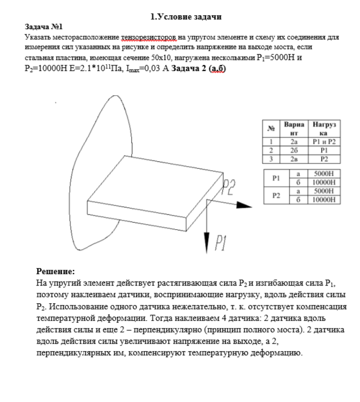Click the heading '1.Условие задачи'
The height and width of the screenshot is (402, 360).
(186, 16)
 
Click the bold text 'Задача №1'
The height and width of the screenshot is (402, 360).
(44, 27)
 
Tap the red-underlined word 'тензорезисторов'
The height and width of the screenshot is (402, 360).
(149, 38)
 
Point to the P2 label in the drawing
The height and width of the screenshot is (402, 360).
(228, 187)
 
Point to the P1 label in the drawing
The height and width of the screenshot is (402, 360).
(220, 243)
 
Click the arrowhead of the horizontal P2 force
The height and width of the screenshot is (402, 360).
(244, 205)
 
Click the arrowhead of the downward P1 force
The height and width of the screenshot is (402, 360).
(206, 243)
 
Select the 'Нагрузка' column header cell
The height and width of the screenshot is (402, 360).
(324, 129)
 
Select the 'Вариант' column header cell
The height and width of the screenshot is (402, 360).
(294, 129)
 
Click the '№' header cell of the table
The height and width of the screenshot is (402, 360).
(271, 129)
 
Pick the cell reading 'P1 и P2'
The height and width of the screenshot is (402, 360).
(324, 142)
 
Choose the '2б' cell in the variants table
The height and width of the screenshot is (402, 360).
(294, 150)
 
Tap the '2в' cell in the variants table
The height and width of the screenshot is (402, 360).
(294, 159)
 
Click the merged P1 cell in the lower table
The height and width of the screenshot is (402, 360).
(276, 178)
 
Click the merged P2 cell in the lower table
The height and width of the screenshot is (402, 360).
(276, 195)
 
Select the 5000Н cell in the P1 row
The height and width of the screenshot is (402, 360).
(324, 173)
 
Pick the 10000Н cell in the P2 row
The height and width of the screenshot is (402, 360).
(324, 199)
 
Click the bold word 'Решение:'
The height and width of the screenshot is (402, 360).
(55, 271)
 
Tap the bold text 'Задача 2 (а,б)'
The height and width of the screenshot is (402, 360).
(199, 69)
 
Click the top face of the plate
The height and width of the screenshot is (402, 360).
(155, 184)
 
